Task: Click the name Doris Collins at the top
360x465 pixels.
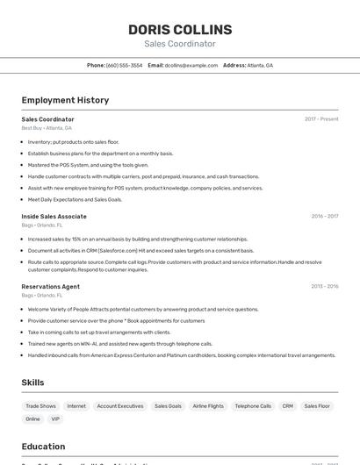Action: pyautogui.click(x=180, y=29)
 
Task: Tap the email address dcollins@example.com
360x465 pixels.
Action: pyautogui.click(x=191, y=65)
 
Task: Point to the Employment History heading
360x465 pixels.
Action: pyautogui.click(x=65, y=100)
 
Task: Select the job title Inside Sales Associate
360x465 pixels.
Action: pyautogui.click(x=54, y=216)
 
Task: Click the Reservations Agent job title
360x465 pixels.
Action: pyautogui.click(x=50, y=286)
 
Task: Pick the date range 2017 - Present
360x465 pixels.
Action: pyautogui.click(x=321, y=119)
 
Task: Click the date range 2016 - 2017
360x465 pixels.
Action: pyautogui.click(x=324, y=216)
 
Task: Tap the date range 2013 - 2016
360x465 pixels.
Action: pyautogui.click(x=324, y=286)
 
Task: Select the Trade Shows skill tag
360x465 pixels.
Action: pyautogui.click(x=40, y=406)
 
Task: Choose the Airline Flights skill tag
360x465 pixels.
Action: pyautogui.click(x=208, y=406)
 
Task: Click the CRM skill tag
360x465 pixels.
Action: pyautogui.click(x=287, y=406)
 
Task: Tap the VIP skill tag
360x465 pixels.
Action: pyautogui.click(x=55, y=419)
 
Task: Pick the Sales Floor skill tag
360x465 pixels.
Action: pyautogui.click(x=317, y=406)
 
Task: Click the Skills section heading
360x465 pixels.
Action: pyautogui.click(x=32, y=383)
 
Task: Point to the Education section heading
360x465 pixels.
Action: pyautogui.click(x=43, y=446)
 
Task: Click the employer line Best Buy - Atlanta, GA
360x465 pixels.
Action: pyautogui.click(x=47, y=128)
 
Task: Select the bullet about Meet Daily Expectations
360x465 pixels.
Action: pyautogui.click(x=75, y=199)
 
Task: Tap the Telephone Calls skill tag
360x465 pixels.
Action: pyautogui.click(x=253, y=406)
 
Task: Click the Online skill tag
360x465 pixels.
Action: pyautogui.click(x=32, y=419)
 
